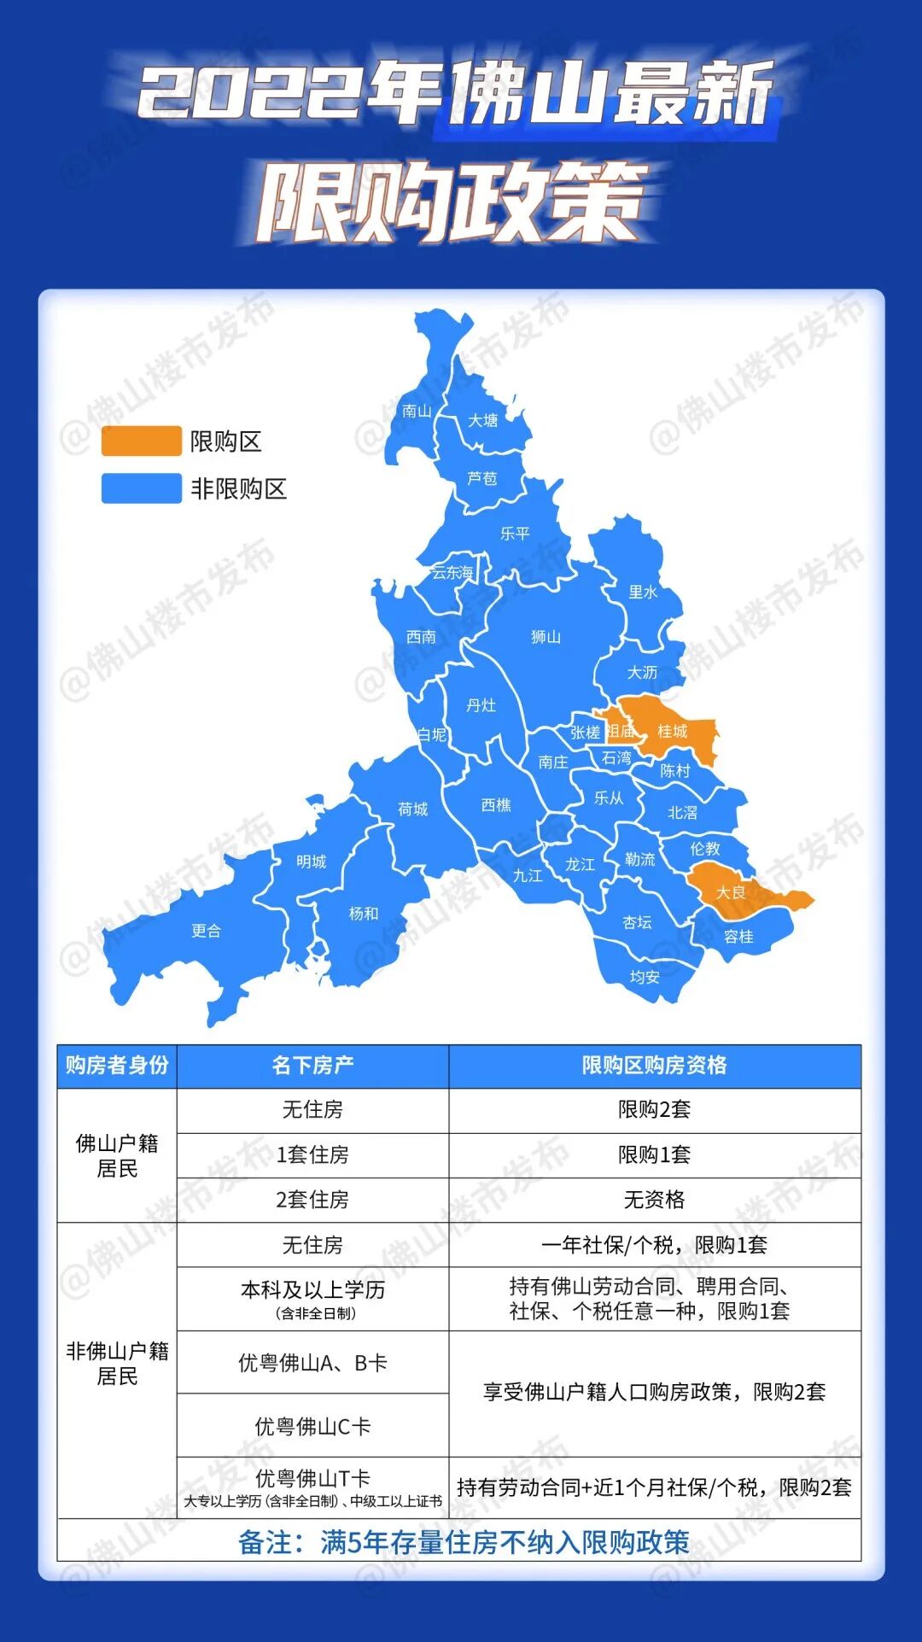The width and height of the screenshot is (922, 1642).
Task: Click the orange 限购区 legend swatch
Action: pos(142,441)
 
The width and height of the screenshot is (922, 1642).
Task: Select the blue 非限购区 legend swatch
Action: pos(142,488)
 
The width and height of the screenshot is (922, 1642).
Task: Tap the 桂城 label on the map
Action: pos(672,732)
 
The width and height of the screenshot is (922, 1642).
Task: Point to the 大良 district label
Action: pos(730,892)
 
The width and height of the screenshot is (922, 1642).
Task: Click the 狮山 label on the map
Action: pos(546,637)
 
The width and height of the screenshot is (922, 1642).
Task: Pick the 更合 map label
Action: pos(206,931)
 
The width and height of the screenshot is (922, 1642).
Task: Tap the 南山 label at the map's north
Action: pos(417,411)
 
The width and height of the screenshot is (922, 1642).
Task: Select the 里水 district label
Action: pos(643,592)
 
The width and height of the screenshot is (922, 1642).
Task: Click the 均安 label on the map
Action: pos(645,977)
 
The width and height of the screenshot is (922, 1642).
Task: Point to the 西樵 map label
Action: pos(496,805)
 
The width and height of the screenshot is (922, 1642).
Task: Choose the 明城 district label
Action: pos(311,862)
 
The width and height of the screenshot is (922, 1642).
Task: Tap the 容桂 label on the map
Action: pos(738,937)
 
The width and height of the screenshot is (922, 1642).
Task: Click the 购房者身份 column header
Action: pos(117,1066)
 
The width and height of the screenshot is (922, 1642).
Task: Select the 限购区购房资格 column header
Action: pos(654,1066)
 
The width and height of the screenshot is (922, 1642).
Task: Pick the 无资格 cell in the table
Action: pos(654,1200)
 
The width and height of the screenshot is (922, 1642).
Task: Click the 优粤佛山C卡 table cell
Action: pos(312,1426)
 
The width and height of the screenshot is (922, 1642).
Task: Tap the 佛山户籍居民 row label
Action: pos(117,1155)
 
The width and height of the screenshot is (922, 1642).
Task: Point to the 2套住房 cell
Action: pos(312,1200)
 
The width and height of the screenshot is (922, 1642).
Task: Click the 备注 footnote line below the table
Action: pos(463,1542)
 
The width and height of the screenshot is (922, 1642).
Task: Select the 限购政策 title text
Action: pos(451,203)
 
